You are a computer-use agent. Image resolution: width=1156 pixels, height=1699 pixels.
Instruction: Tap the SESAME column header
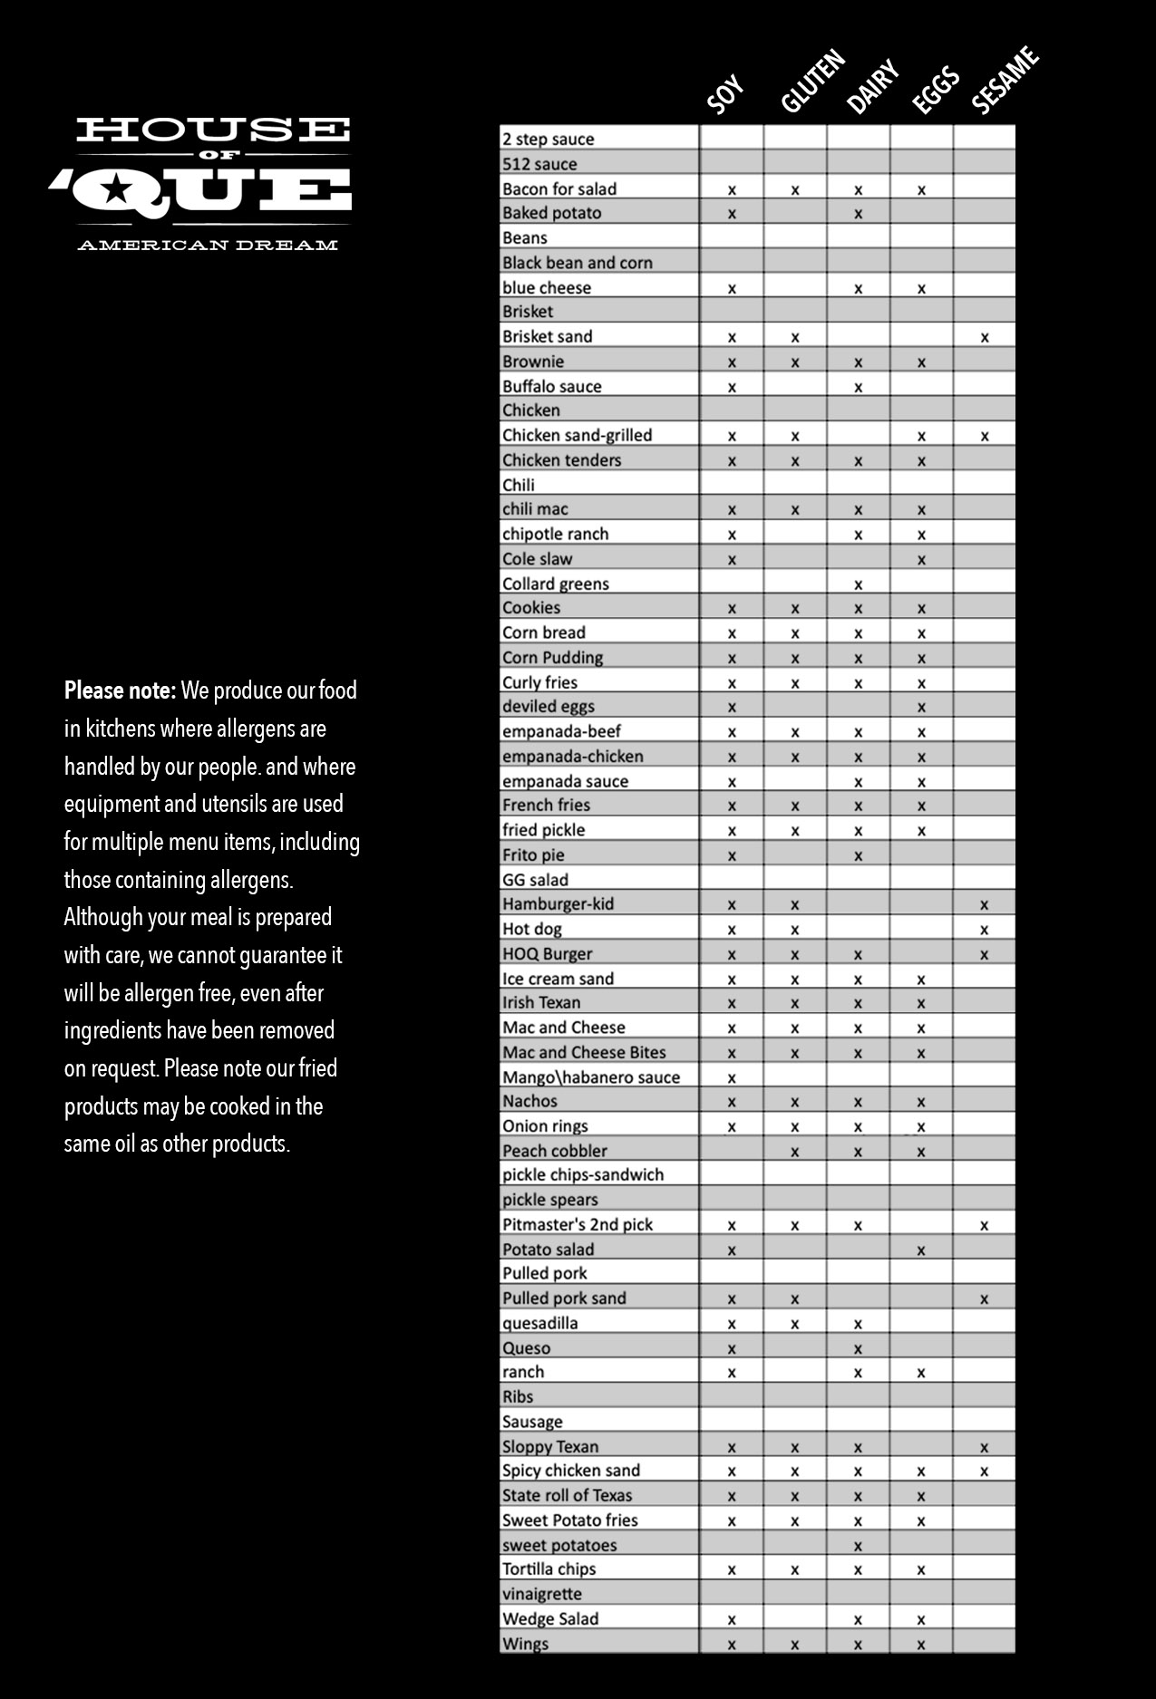tap(1005, 82)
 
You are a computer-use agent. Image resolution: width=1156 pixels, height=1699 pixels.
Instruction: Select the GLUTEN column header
tap(812, 82)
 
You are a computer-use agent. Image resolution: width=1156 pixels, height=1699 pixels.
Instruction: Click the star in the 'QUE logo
tap(115, 189)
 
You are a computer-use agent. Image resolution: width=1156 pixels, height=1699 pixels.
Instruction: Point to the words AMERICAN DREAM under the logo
tap(208, 245)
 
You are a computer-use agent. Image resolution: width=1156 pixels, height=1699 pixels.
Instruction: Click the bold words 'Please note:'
tap(120, 691)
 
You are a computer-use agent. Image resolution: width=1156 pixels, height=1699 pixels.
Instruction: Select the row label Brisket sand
tap(547, 336)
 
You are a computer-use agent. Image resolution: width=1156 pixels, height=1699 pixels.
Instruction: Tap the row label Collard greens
tap(555, 584)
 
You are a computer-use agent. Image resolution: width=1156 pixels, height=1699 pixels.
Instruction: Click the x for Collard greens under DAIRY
tap(858, 584)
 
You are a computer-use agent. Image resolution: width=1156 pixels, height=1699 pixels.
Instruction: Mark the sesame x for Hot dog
tap(984, 930)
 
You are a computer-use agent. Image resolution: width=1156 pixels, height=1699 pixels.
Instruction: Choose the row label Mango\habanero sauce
tap(590, 1076)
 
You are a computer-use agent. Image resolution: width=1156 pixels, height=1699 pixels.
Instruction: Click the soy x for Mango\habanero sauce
tap(732, 1077)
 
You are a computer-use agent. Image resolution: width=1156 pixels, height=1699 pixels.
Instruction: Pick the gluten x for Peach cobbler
tap(794, 1152)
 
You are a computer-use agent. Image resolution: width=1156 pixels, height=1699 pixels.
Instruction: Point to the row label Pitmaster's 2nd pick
tap(578, 1224)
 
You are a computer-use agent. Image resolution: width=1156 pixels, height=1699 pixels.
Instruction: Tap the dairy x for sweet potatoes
tap(858, 1546)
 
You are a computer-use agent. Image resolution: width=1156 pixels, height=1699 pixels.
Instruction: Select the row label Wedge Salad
tap(550, 1618)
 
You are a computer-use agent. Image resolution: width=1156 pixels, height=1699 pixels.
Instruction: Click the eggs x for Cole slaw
tap(921, 560)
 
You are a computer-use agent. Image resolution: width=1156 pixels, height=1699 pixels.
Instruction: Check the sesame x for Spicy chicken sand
tap(984, 1472)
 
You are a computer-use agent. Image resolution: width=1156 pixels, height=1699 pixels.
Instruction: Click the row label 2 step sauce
tap(548, 139)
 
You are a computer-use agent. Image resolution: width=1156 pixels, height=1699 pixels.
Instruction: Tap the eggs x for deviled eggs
tap(921, 707)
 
